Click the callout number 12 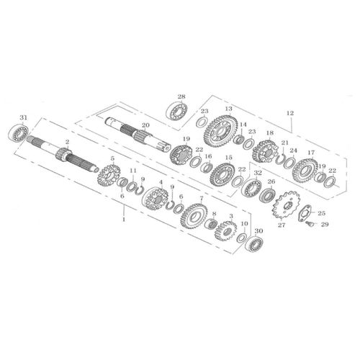point(290,113)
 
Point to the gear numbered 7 point(193,214)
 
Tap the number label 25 point(321,213)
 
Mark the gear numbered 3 point(227,231)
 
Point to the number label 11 point(132,171)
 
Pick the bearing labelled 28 point(175,111)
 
